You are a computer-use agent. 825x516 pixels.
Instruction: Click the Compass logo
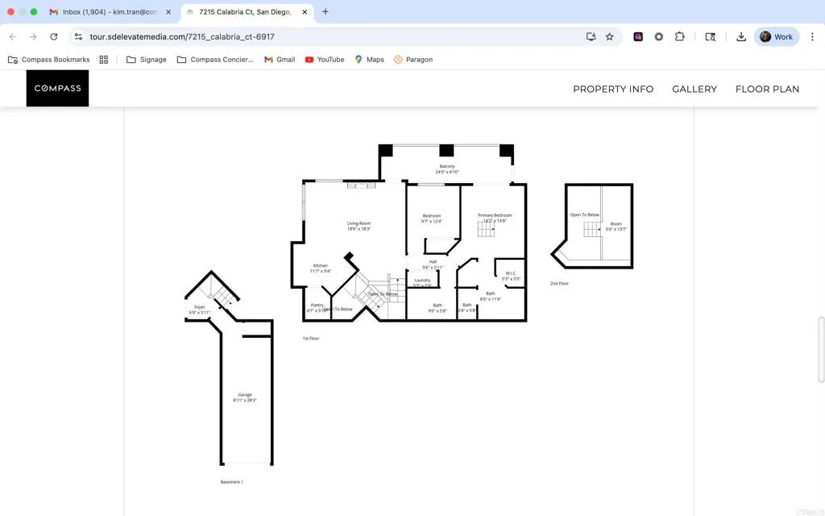(x=57, y=89)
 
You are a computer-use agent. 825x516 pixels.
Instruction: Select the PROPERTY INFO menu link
(x=613, y=89)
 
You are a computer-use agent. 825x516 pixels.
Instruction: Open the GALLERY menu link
(x=694, y=89)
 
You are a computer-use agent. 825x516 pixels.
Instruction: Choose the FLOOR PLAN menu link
(x=767, y=89)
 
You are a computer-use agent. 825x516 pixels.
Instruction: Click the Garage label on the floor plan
(x=245, y=395)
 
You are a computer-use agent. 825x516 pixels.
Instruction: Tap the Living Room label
(x=359, y=223)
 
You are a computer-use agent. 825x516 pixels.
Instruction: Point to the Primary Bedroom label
(x=495, y=215)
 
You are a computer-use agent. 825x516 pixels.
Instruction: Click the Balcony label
(x=447, y=167)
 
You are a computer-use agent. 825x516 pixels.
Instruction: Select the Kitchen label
(x=321, y=266)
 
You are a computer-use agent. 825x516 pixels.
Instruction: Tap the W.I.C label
(x=511, y=273)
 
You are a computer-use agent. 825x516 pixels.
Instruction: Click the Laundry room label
(x=423, y=280)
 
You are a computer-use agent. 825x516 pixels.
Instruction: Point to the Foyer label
(x=199, y=307)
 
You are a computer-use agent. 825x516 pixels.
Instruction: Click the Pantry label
(x=317, y=306)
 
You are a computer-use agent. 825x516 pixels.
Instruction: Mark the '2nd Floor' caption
(x=559, y=284)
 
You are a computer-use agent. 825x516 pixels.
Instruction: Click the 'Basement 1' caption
(x=231, y=482)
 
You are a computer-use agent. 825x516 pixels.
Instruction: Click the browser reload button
(x=54, y=36)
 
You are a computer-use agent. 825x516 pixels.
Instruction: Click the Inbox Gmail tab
(x=109, y=12)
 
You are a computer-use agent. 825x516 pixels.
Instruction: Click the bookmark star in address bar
(x=610, y=36)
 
